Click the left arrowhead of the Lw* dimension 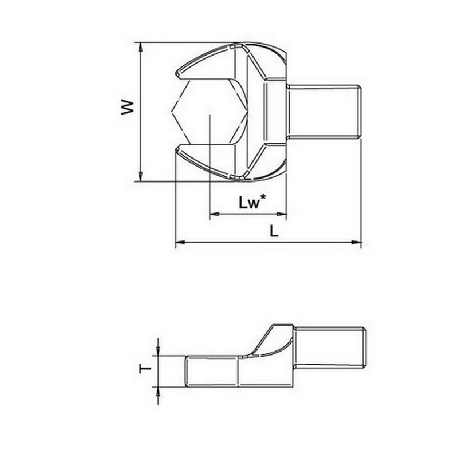[x=214, y=215]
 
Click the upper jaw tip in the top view [x=179, y=74]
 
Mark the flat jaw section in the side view [x=212, y=371]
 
